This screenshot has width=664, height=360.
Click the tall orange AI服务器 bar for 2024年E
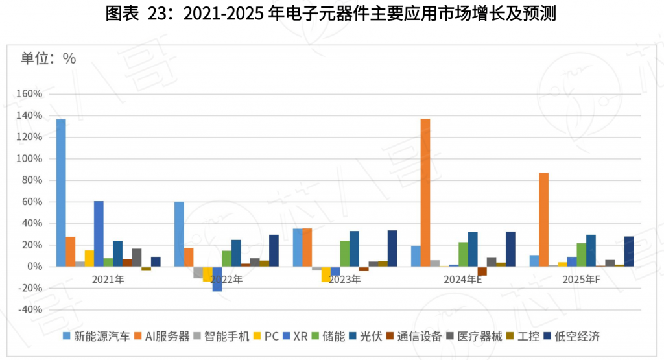pyautogui.click(x=425, y=193)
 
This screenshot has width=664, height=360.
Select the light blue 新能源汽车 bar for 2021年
pyautogui.click(x=61, y=193)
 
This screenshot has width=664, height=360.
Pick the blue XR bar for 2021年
pyautogui.click(x=99, y=234)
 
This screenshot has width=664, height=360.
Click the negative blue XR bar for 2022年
pyautogui.click(x=217, y=279)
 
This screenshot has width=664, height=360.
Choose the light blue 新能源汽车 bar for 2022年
pyautogui.click(x=179, y=234)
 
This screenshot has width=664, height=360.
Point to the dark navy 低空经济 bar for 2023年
pyautogui.click(x=392, y=248)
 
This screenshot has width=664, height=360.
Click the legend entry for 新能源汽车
pyautogui.click(x=96, y=336)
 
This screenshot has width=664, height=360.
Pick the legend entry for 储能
pyautogui.click(x=333, y=336)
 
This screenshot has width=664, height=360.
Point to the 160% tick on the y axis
pyautogui.click(x=30, y=94)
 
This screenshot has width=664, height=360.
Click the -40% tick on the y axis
pyautogui.click(x=30, y=310)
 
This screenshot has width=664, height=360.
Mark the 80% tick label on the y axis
pyautogui.click(x=32, y=180)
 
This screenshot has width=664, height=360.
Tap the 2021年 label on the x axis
pyautogui.click(x=108, y=280)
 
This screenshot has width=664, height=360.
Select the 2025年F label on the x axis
pyautogui.click(x=582, y=280)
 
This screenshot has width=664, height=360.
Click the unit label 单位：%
pyautogui.click(x=49, y=58)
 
